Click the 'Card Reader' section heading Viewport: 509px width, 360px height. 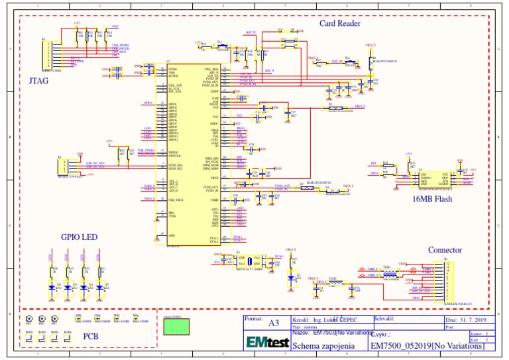pos(339,23)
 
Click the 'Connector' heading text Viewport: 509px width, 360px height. pos(446,250)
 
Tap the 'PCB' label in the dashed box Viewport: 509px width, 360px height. pos(90,336)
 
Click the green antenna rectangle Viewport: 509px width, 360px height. pos(176,328)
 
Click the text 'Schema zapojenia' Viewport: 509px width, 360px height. pos(323,345)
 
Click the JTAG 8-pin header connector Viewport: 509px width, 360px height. pos(46,55)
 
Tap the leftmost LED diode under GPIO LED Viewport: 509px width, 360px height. pos(52,286)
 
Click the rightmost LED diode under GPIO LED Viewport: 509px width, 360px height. pos(100,286)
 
